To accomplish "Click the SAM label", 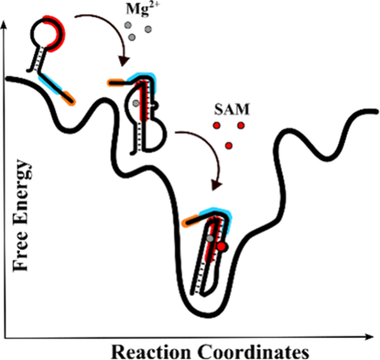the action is point(232,110).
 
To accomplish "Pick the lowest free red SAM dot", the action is point(229,145).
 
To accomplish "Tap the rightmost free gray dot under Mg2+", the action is point(148,29).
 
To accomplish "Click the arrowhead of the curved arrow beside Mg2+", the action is point(123,61).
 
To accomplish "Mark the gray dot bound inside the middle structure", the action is point(136,103).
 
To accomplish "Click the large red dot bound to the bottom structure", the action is point(221,247).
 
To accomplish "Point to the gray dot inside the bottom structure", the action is point(210,239).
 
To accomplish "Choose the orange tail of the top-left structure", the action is point(69,98).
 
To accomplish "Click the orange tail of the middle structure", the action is point(116,83).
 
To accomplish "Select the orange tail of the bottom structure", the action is point(191,221).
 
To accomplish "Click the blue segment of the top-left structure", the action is point(50,84).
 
